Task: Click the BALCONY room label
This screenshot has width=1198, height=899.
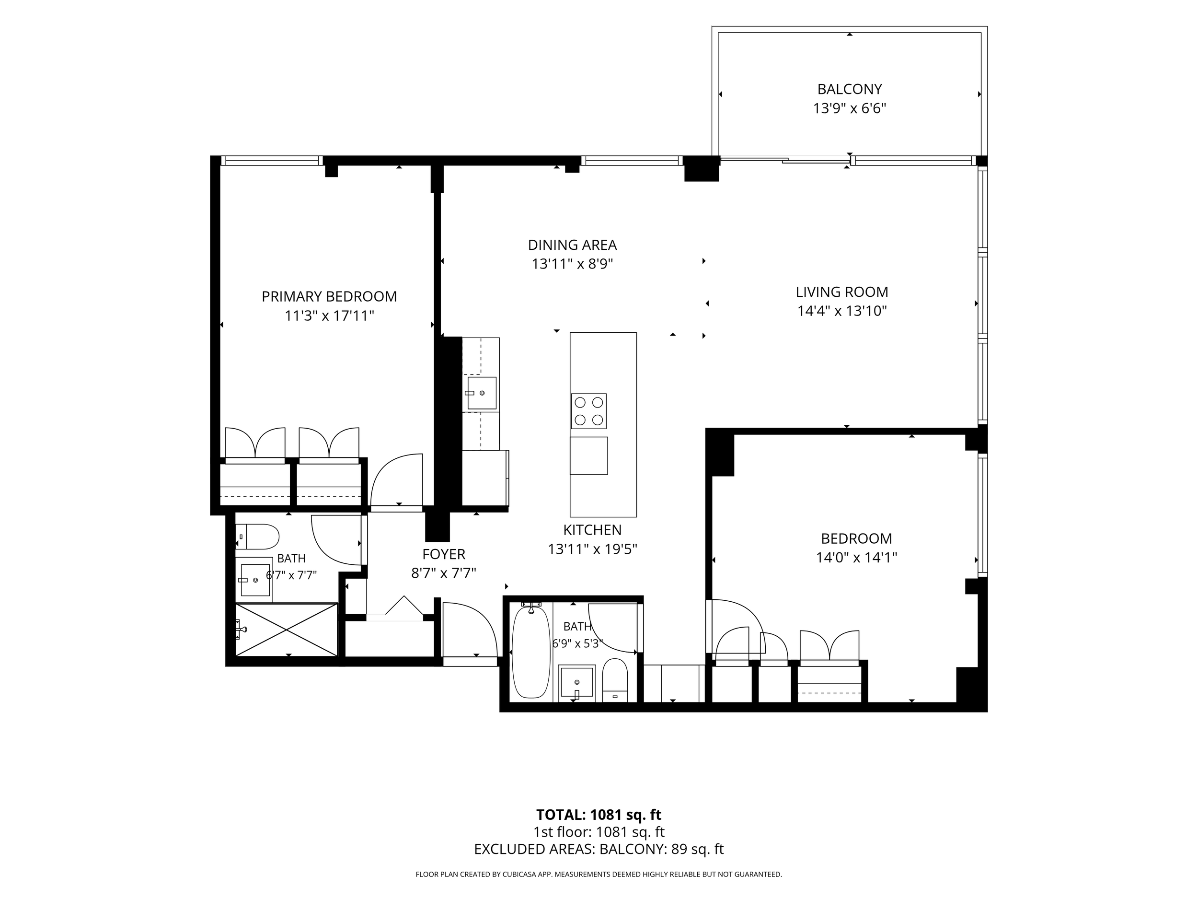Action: pos(849,89)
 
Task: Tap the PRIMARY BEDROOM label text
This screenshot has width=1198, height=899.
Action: pos(329,296)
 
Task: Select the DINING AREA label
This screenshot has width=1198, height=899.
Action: pos(573,245)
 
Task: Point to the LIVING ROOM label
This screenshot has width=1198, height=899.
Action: pos(841,292)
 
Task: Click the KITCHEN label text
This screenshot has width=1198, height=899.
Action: pos(592,530)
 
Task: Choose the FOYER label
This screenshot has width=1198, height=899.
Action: pos(444,554)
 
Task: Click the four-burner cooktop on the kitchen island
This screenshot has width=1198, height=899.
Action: pos(589,411)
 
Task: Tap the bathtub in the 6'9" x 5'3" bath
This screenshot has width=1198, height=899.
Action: pos(531,652)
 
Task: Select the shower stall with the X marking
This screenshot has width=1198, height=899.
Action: pos(287,630)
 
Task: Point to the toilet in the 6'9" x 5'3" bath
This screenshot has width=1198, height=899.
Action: pos(615,680)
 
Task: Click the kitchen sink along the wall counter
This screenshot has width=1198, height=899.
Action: pos(482,393)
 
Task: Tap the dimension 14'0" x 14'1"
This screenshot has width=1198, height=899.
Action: pos(856,558)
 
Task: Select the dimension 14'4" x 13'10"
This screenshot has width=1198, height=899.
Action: pos(841,311)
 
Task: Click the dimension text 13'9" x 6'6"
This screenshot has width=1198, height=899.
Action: pos(849,108)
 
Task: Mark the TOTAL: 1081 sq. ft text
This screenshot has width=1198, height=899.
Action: pos(599,815)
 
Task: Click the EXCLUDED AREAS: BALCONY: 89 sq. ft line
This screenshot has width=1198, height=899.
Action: pos(599,849)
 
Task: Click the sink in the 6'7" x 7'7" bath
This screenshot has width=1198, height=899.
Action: pos(254,580)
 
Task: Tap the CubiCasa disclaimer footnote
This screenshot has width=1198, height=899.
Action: pos(599,874)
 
